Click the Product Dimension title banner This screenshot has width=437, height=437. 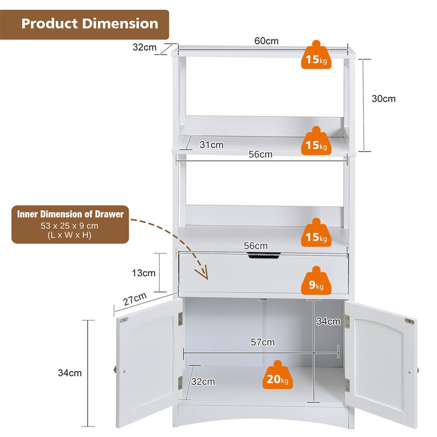coord(84,25)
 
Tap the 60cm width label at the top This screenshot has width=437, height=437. coord(266,41)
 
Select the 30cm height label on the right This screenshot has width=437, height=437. coord(383,99)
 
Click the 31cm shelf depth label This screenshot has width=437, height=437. coord(211,145)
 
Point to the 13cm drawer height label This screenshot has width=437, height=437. coord(144,273)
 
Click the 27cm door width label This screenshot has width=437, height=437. coord(135,299)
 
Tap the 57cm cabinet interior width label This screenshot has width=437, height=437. coord(263,342)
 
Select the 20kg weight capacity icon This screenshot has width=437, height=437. coord(277,375)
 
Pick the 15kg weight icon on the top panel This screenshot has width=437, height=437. coord(316,55)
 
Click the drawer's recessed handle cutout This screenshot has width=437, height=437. coord(263,256)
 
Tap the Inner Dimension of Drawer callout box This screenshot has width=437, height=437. coord(70,225)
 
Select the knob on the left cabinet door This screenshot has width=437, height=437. coord(115,370)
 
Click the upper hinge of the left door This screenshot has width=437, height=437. coord(180,319)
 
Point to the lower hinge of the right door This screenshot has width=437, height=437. coord(347,385)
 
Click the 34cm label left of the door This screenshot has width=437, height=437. coord(70,373)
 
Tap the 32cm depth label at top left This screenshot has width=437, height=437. coord(144,48)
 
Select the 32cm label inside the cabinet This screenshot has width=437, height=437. coord(203,381)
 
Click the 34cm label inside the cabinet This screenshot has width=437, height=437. coord(328,321)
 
